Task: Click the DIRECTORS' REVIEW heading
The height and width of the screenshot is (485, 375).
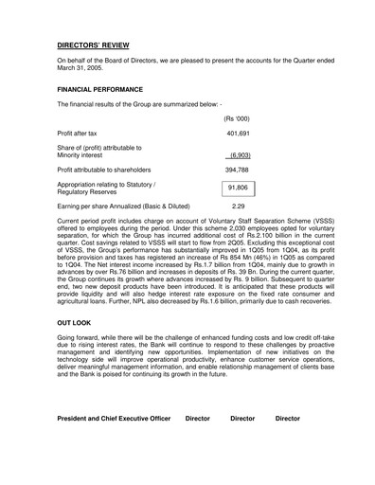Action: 94,45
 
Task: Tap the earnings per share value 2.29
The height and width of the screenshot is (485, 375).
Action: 238,206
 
